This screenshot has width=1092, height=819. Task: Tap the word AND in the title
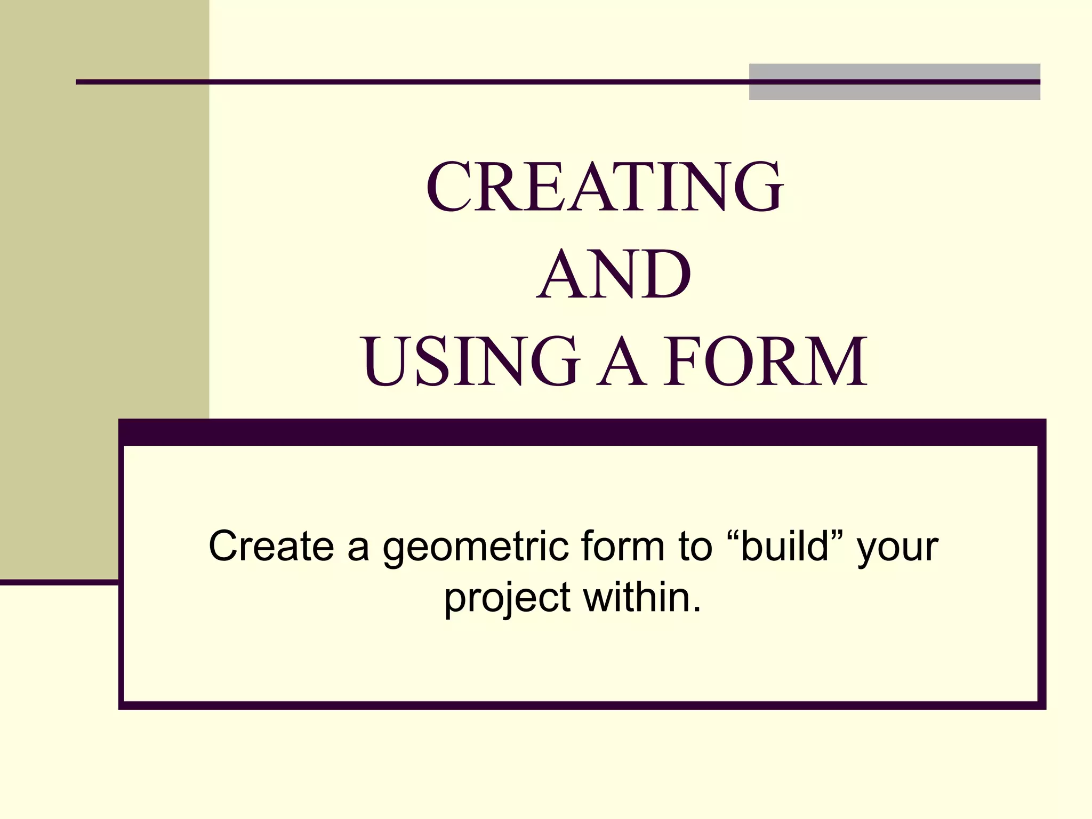[x=614, y=275]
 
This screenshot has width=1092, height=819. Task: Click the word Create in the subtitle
[x=271, y=546]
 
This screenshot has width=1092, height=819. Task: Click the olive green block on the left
[x=104, y=267]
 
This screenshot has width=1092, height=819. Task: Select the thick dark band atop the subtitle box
[x=581, y=432]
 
